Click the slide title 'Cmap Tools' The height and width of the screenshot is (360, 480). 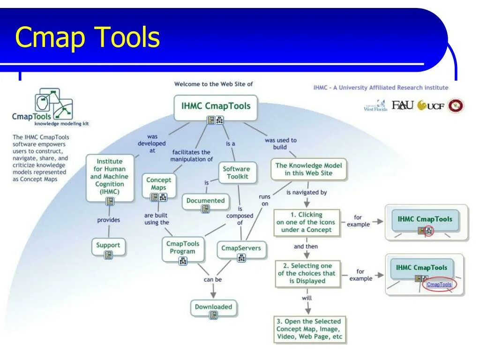click(87, 38)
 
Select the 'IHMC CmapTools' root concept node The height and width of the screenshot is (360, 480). click(216, 106)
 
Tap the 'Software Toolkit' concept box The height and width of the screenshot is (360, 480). click(236, 172)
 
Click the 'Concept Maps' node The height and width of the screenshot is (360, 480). click(159, 184)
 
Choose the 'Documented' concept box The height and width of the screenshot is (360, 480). click(205, 201)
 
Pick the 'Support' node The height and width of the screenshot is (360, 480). click(108, 245)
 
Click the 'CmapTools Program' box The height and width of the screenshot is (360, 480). click(182, 247)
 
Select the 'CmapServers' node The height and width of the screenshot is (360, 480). click(241, 248)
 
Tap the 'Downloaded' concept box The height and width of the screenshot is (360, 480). click(213, 307)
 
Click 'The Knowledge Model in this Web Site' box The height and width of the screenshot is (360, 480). click(308, 169)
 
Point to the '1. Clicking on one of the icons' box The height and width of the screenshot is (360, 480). click(306, 222)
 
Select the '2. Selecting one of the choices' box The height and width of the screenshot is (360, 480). click(307, 273)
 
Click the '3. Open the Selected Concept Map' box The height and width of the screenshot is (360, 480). click(309, 329)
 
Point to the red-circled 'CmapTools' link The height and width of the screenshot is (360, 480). click(439, 285)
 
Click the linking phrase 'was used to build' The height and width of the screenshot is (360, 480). click(280, 143)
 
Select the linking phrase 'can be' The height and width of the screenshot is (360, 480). click(213, 280)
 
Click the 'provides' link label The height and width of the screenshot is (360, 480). click(109, 220)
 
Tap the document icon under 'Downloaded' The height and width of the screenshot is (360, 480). click(213, 315)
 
